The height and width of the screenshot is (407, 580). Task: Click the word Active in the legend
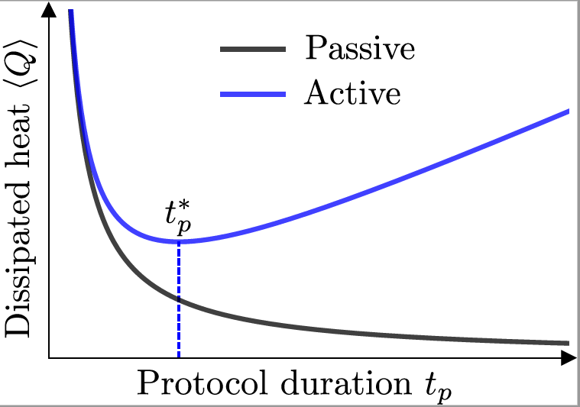tap(352, 93)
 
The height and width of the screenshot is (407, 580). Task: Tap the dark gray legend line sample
tap(253, 50)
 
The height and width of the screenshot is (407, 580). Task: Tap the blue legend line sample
tap(253, 94)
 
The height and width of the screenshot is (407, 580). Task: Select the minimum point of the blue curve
tap(179, 242)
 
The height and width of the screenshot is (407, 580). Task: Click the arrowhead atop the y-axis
tap(50, 9)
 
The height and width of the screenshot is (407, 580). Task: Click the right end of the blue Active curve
tap(569, 111)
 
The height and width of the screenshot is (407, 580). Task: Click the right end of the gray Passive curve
tap(569, 344)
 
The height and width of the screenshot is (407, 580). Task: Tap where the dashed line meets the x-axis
tap(179, 357)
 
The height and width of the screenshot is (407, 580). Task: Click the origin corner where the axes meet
tap(50, 357)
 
